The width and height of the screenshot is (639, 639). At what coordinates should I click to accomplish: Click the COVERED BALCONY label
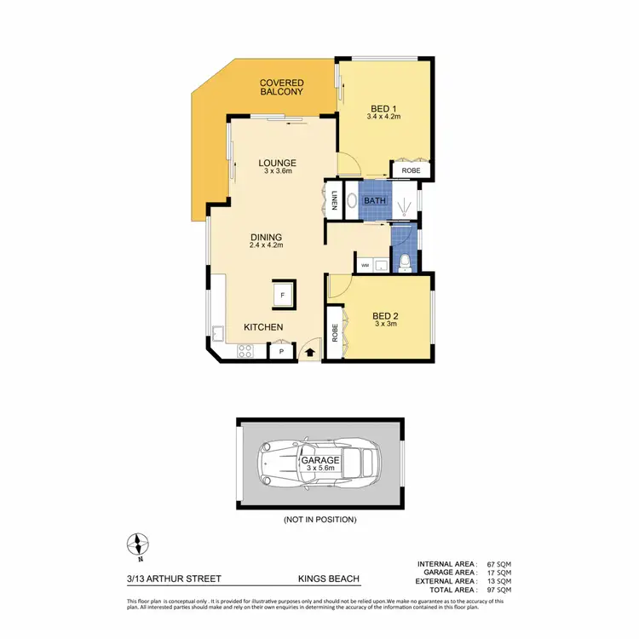tap(282, 87)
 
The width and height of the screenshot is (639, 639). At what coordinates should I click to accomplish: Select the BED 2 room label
tap(386, 315)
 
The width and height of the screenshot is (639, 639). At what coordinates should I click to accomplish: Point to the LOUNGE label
tap(278, 163)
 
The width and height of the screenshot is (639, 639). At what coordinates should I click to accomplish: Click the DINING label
tap(266, 238)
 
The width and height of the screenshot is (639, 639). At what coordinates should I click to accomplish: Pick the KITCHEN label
tap(263, 327)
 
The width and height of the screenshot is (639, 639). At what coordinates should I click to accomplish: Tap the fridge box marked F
tap(283, 295)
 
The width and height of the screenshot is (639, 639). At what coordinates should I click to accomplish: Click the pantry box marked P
tap(280, 351)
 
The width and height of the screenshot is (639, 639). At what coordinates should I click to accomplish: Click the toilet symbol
tap(406, 262)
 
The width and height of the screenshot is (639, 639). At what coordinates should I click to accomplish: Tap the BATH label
tap(375, 201)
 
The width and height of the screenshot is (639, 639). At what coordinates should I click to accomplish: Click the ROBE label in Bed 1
tap(412, 170)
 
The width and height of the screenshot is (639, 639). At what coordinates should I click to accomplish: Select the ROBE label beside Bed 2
tap(335, 333)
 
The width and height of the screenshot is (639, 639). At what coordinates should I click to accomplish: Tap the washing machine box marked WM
tap(365, 265)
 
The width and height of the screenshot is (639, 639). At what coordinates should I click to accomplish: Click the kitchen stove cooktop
tap(245, 349)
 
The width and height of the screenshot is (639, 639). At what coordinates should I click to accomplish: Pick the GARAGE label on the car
tap(319, 460)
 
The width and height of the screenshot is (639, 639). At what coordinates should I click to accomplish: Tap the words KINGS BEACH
tap(328, 579)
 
